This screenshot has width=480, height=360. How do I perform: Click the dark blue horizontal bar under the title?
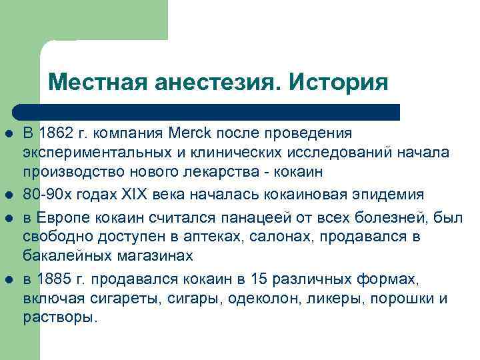tap(207, 111)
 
